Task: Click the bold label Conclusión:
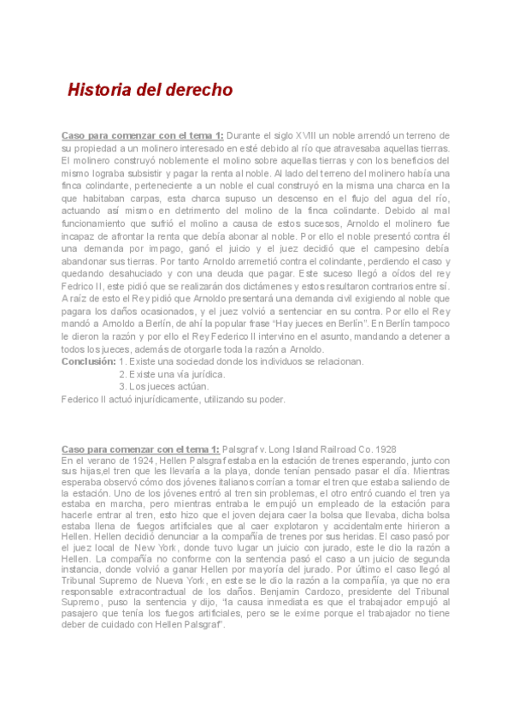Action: pyautogui.click(x=88, y=361)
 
